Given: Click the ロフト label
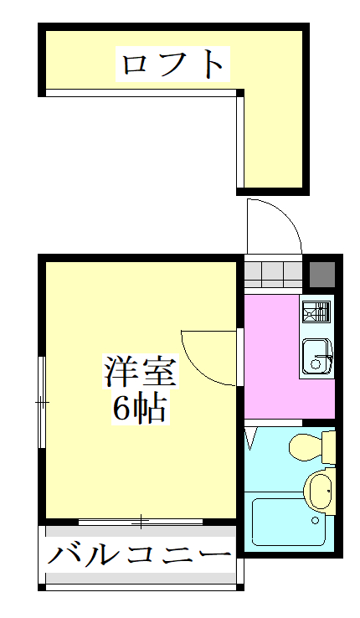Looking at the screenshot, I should (x=173, y=64).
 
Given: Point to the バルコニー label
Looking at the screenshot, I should (x=139, y=554).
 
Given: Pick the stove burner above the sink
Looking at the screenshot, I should (x=316, y=312).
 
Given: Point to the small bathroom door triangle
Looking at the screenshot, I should (x=250, y=437).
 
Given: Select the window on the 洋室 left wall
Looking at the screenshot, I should (x=41, y=402).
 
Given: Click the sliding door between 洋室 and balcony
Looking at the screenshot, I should (x=141, y=522).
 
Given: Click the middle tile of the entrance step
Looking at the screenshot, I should (x=274, y=274).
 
